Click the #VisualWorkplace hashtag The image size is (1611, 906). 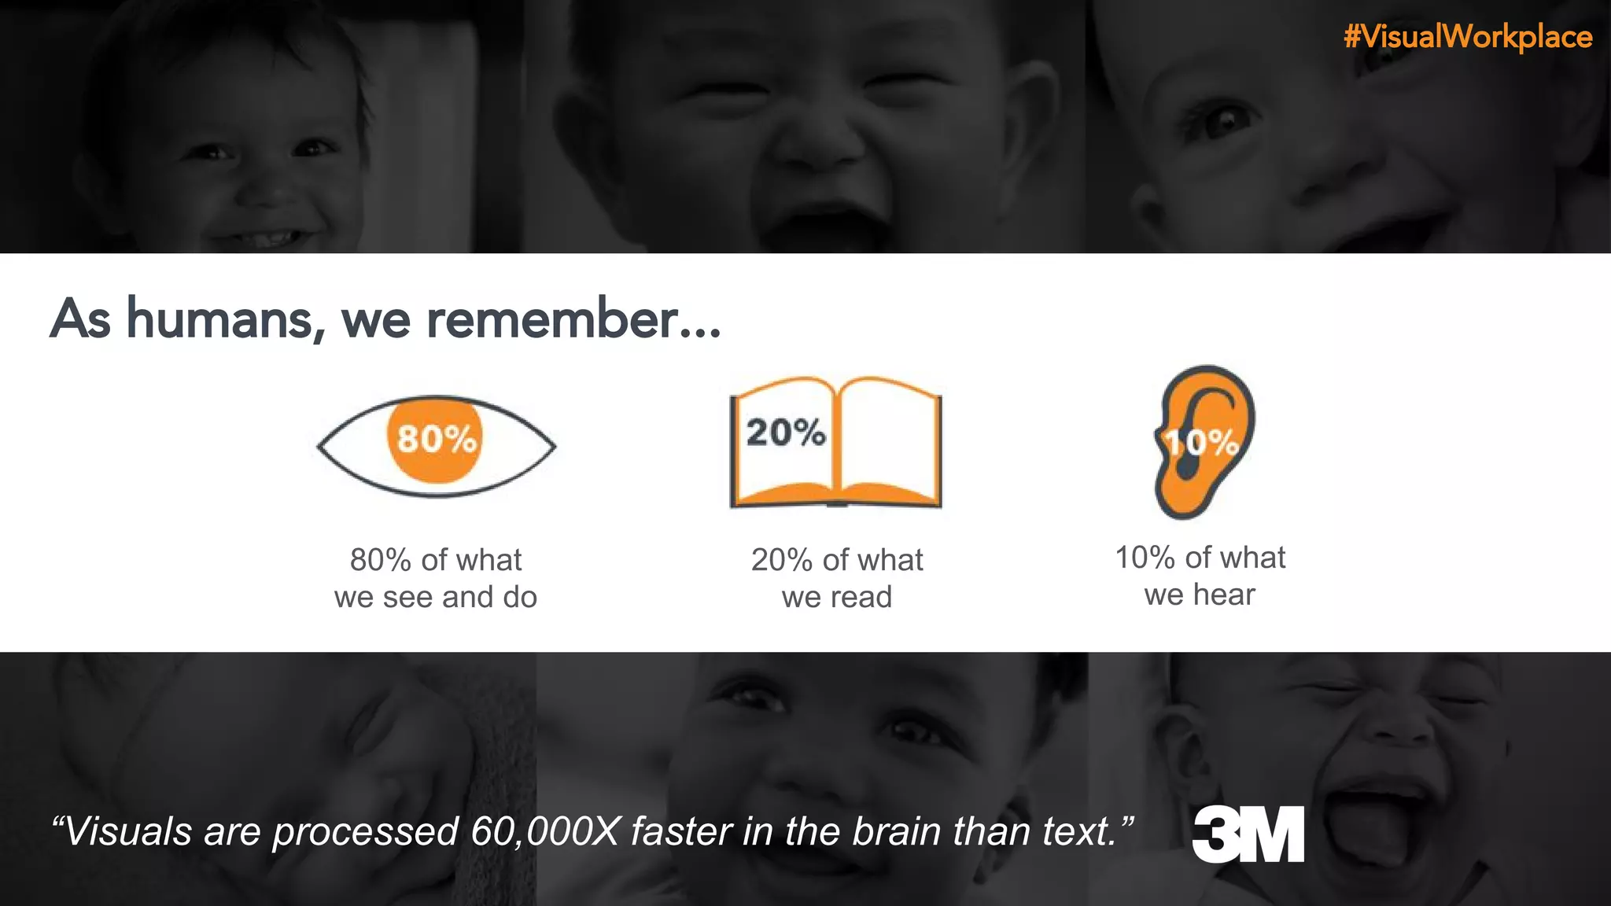pos(1468,37)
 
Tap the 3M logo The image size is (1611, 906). pos(1248,834)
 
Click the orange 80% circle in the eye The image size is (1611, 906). pos(435,439)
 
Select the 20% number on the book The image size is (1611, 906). pos(786,433)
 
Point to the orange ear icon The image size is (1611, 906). pos(1204,440)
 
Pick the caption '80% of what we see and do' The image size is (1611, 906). pos(436,578)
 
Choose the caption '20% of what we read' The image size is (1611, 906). pos(837,578)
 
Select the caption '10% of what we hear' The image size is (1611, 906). pos(1200,576)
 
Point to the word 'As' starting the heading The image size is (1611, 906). pos(80,319)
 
